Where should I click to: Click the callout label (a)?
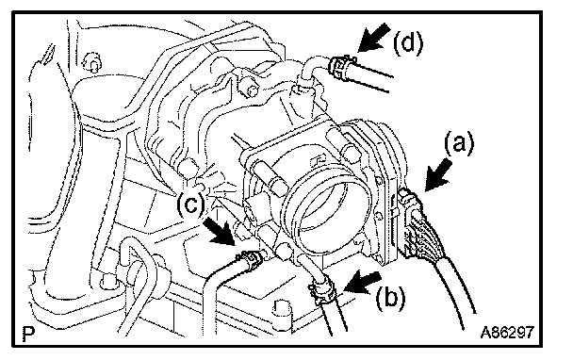point(459,143)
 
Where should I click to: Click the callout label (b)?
point(391,298)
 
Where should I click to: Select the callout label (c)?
point(190,204)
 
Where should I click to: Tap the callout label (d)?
point(408,42)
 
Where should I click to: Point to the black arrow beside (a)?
point(438,174)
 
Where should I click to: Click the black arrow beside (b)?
point(363,282)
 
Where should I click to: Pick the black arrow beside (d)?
point(374,38)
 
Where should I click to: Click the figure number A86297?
point(507,333)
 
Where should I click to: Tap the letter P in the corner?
point(28,334)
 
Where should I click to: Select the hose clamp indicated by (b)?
point(321,289)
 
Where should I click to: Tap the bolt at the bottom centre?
point(282,308)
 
